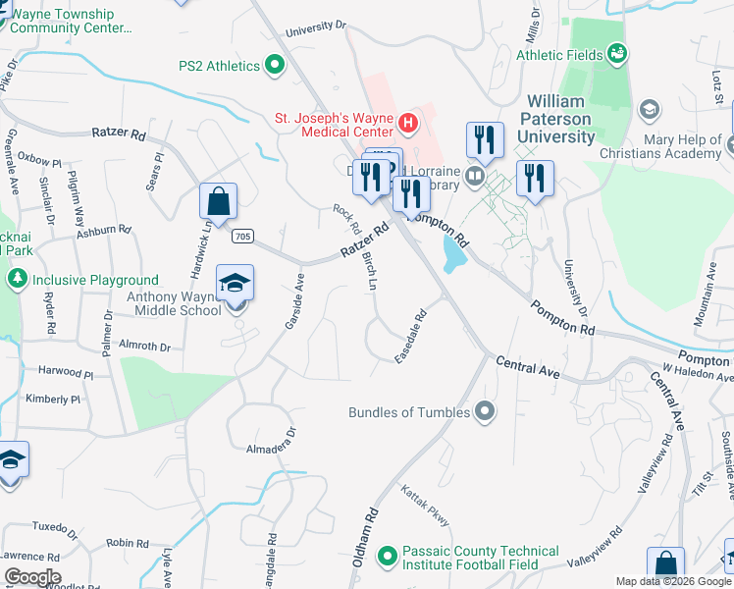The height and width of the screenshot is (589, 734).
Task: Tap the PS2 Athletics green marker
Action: click(x=275, y=66)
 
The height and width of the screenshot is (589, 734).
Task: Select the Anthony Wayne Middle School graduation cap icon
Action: click(x=235, y=285)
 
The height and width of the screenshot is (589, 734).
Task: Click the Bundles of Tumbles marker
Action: click(x=483, y=412)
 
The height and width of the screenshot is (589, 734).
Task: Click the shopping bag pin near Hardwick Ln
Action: click(x=218, y=201)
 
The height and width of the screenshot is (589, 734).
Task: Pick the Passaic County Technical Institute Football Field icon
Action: click(x=387, y=558)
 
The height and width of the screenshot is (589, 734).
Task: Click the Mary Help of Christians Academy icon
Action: click(x=649, y=108)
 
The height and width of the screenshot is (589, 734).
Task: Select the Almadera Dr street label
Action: click(x=270, y=441)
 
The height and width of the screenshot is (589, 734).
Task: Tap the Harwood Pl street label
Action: click(x=66, y=373)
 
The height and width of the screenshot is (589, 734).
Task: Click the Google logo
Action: click(x=31, y=577)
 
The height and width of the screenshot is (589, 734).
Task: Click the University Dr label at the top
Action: click(x=316, y=28)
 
